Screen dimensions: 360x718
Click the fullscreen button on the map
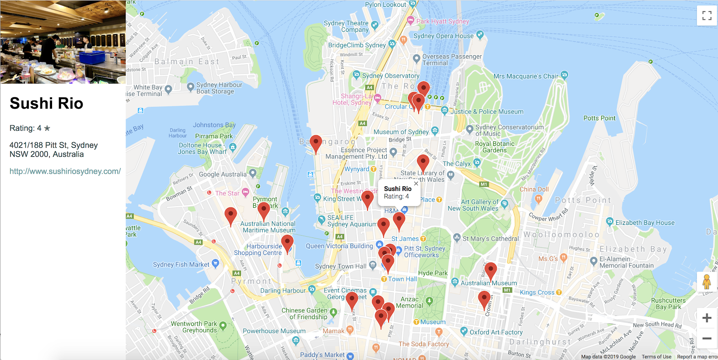(707, 16)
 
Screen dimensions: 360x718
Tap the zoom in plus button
(707, 318)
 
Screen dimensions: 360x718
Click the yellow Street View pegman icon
(707, 282)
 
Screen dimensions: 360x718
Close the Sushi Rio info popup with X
(416, 184)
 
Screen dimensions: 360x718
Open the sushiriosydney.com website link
(65, 171)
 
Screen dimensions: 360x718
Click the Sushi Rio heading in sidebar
(46, 103)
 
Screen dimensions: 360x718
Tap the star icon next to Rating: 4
(47, 128)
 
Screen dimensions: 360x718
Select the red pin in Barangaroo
(316, 143)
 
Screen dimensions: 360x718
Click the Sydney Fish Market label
(181, 264)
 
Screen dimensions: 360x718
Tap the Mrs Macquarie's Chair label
(525, 76)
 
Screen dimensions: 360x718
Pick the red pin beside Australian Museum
(490, 271)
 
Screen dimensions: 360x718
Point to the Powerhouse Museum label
(274, 331)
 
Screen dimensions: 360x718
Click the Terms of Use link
(656, 357)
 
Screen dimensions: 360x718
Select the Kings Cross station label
(537, 292)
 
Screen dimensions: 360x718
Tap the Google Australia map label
(223, 174)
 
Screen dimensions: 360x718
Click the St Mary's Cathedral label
(490, 239)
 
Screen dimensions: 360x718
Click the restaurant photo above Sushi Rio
(63, 42)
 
